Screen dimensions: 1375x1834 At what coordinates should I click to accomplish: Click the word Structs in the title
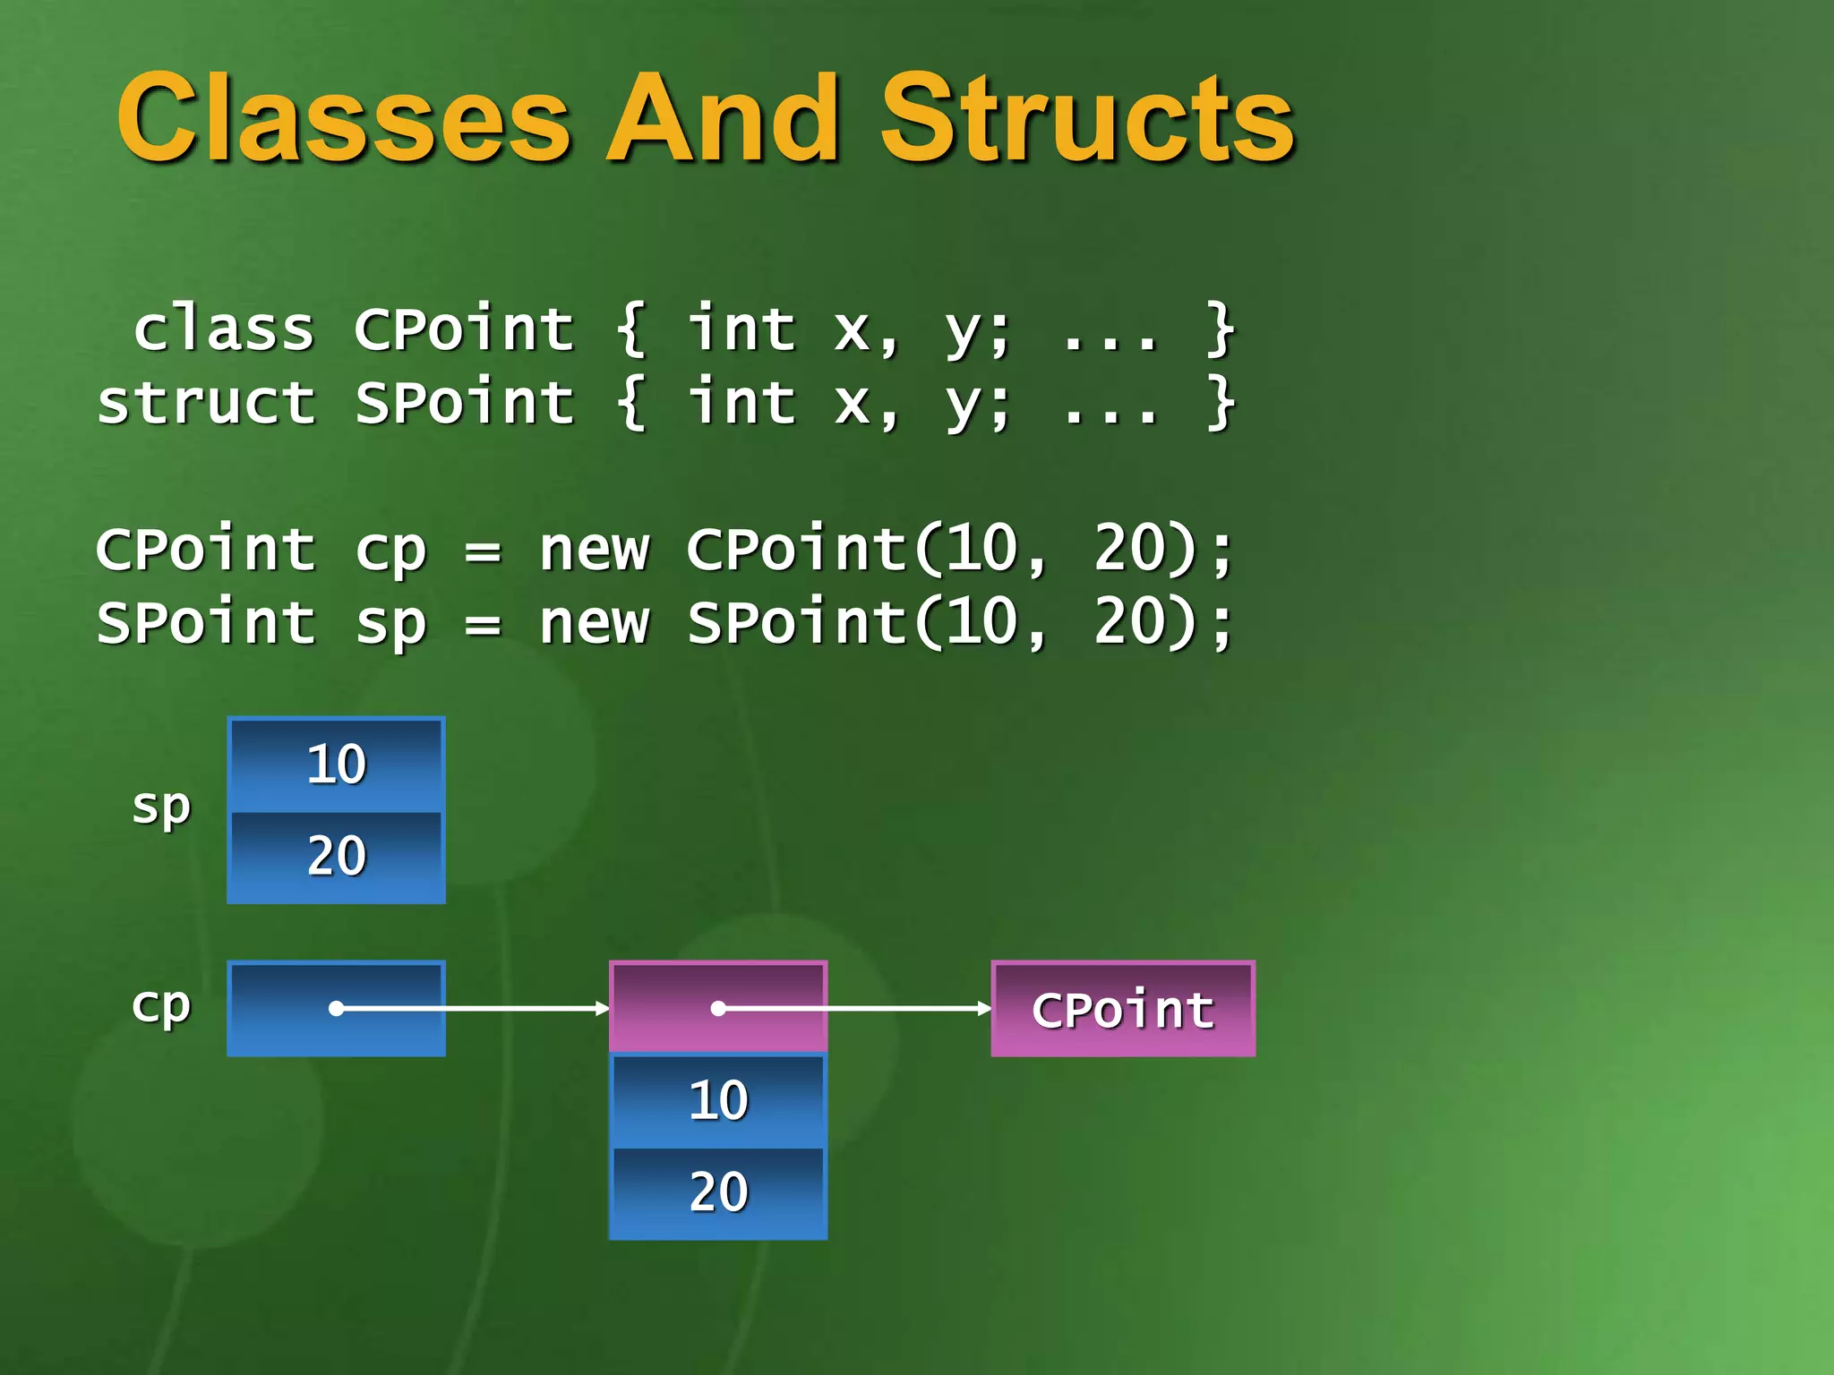(x=1087, y=119)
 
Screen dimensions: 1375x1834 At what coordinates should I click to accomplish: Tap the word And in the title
(x=724, y=119)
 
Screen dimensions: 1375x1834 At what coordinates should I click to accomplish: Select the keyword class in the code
(x=224, y=329)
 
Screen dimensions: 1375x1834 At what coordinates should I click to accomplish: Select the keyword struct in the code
(x=207, y=403)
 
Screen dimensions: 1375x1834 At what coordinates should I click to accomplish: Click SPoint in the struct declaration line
(x=464, y=403)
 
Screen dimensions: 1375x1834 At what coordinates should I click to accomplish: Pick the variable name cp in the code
(x=390, y=551)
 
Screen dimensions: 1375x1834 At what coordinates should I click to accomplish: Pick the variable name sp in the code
(x=390, y=625)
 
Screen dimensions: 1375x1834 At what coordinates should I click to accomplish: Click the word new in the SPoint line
(x=594, y=624)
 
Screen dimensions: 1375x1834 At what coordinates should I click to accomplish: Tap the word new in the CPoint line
(x=594, y=550)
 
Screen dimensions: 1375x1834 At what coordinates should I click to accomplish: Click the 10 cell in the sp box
(x=336, y=764)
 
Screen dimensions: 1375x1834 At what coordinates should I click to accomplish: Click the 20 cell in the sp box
(x=336, y=856)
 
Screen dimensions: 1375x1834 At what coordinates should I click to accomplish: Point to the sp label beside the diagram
(x=161, y=808)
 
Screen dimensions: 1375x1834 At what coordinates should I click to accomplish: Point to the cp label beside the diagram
(x=161, y=1006)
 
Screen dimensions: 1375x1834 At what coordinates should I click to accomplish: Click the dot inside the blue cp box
(x=337, y=1009)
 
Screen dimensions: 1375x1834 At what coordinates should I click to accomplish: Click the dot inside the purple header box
(x=718, y=1009)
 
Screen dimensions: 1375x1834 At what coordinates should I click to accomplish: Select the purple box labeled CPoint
(x=1123, y=1009)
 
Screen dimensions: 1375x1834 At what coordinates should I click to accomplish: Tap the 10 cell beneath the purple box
(x=718, y=1100)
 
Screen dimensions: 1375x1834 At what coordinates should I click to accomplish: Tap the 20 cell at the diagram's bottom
(x=718, y=1192)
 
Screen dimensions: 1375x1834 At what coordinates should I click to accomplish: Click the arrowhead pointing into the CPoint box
(x=985, y=1009)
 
